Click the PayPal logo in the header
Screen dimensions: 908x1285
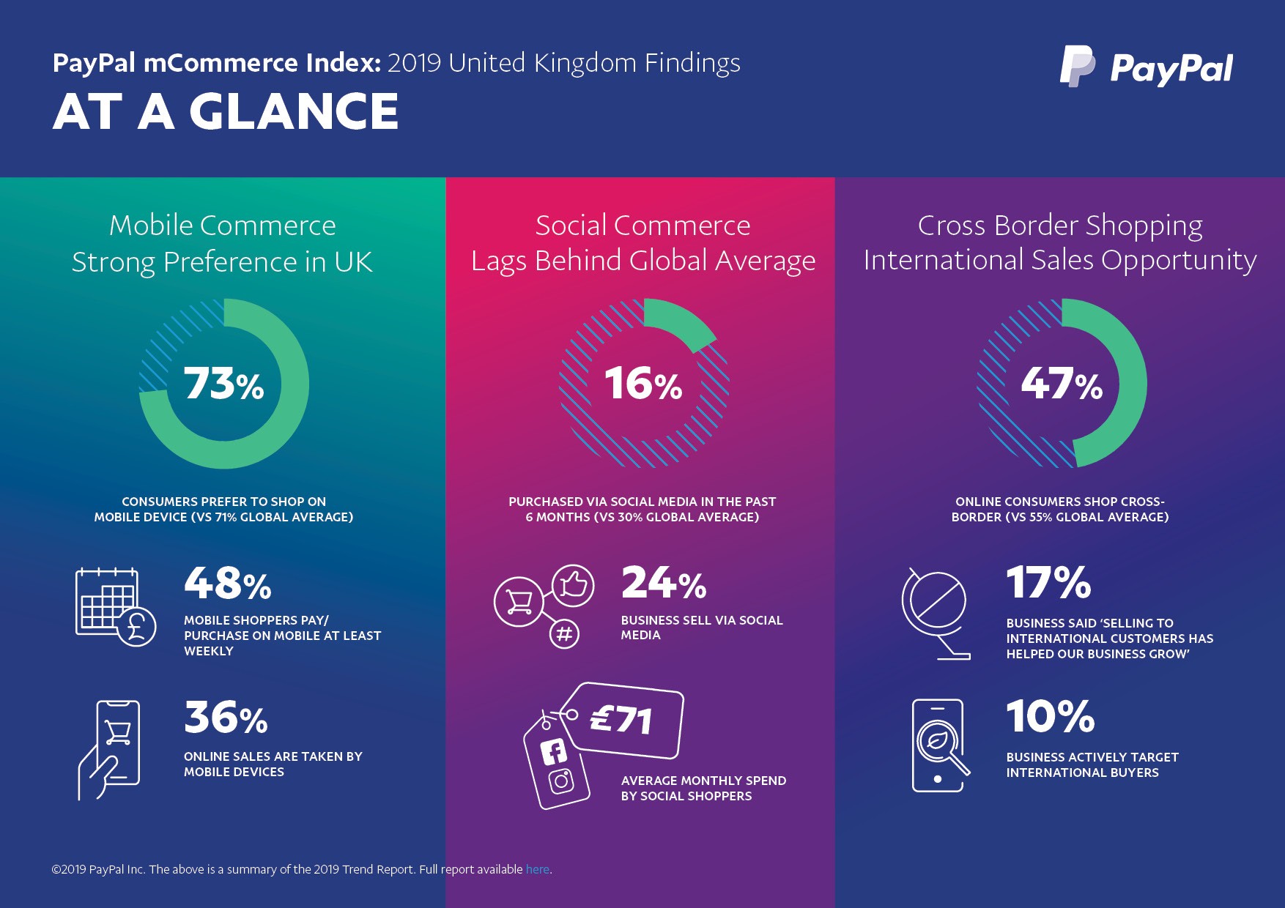1147,67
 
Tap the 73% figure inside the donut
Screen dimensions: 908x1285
223,384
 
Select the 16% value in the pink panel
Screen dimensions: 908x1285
642,384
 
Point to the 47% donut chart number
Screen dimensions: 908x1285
1062,384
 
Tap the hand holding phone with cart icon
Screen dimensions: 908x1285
109,749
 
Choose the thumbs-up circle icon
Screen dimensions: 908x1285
573,585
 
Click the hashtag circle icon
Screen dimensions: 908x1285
564,633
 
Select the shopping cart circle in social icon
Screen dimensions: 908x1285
518,602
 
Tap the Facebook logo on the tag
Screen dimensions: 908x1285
554,752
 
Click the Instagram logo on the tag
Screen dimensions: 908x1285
562,781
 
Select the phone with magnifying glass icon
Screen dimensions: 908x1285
940,745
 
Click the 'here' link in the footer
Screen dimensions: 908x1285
537,869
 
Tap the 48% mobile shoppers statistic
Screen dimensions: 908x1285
227,584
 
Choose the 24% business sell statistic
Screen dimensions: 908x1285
664,584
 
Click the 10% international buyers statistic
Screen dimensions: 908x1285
1050,716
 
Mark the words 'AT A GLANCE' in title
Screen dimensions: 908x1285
226,112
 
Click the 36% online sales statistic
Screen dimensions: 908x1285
226,718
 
